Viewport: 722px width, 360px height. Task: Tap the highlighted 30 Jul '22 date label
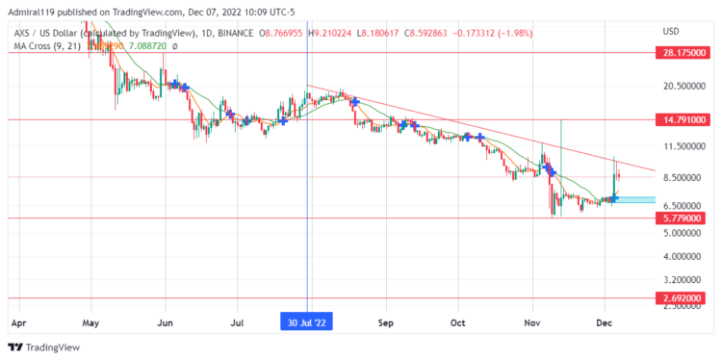tap(307, 322)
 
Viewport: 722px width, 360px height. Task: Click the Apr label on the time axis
tap(17, 322)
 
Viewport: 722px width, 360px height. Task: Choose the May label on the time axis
tap(91, 322)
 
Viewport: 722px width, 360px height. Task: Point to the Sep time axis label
tap(386, 322)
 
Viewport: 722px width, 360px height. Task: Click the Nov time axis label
tap(531, 322)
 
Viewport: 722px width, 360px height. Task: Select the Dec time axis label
tap(605, 322)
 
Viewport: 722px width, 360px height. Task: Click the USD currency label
tap(671, 32)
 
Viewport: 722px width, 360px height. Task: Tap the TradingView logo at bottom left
tap(43, 347)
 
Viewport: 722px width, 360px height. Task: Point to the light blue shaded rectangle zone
tap(634, 199)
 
